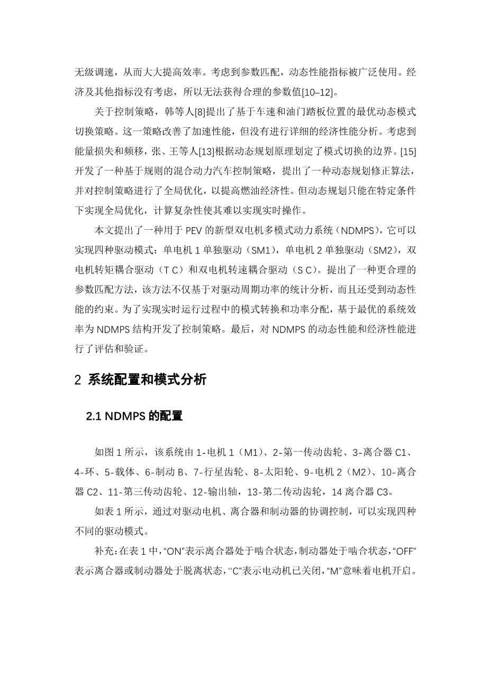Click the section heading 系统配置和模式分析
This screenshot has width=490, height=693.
(x=147, y=380)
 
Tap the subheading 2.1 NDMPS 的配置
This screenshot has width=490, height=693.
(x=134, y=417)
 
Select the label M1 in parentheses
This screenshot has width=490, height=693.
(x=250, y=453)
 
